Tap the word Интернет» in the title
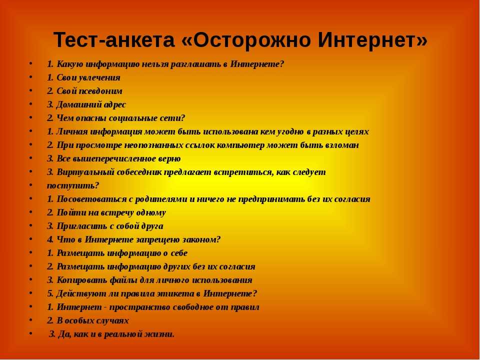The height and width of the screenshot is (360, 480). click(372, 40)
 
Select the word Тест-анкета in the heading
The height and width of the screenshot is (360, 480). click(114, 40)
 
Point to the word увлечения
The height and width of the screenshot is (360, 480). click(99, 78)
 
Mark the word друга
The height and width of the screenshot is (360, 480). click(152, 226)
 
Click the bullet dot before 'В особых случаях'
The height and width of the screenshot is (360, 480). click(30, 320)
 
